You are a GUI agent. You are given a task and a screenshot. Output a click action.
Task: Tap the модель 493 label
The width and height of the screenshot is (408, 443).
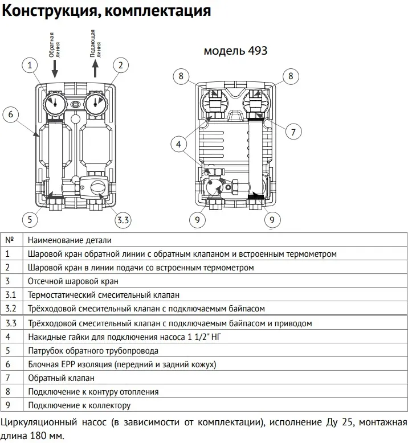pyautogui.click(x=235, y=51)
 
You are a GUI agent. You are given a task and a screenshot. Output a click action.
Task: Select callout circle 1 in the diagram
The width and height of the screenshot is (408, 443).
pyautogui.click(x=30, y=65)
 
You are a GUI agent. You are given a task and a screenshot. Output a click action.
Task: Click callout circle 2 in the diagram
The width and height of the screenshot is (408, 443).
pyautogui.click(x=120, y=65)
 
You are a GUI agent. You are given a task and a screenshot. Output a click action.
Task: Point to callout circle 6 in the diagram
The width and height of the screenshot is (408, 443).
pyautogui.click(x=10, y=114)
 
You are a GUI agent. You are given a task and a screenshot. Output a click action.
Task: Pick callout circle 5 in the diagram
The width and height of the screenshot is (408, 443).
pyautogui.click(x=30, y=219)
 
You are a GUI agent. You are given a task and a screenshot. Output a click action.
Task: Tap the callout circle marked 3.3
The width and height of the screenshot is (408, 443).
pyautogui.click(x=123, y=219)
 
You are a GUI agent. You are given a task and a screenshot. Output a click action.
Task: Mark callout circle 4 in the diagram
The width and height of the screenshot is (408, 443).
pyautogui.click(x=179, y=145)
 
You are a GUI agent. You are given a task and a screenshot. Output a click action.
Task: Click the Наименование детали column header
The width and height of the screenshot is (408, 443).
pyautogui.click(x=70, y=240)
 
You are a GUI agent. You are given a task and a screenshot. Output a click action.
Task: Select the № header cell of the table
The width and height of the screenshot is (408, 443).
pyautogui.click(x=9, y=240)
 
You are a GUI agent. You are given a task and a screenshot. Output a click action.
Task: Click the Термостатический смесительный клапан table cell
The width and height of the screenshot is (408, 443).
pyautogui.click(x=103, y=295)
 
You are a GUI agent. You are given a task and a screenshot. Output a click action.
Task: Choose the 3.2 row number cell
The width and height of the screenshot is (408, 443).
pyautogui.click(x=11, y=309)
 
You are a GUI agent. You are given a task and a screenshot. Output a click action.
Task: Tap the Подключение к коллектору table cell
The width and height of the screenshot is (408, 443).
pyautogui.click(x=79, y=405)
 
